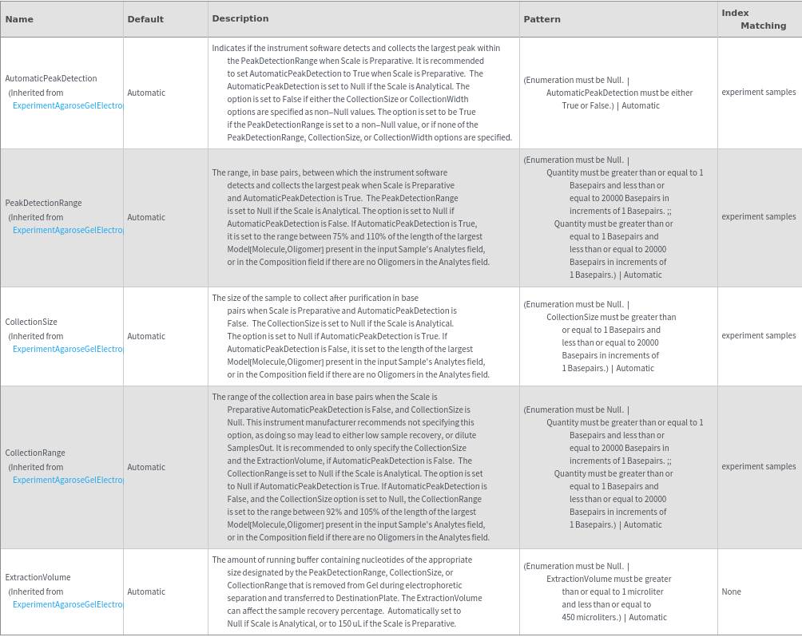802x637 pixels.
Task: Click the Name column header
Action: point(19,19)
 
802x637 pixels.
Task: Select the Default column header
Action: point(145,19)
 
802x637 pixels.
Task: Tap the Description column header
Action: point(240,18)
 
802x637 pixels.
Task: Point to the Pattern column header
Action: point(542,19)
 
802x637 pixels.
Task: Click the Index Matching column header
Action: point(753,19)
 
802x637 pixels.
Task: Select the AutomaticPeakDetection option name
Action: point(51,79)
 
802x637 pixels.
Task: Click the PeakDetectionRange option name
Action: point(43,204)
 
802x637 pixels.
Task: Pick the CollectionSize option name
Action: point(31,322)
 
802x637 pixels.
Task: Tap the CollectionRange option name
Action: point(35,453)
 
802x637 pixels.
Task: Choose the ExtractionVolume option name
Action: point(38,578)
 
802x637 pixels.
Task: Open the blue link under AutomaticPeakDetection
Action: point(69,105)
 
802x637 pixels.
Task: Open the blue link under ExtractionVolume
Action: point(69,604)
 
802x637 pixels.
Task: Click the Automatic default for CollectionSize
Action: point(146,336)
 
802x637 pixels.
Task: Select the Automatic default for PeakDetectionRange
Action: point(146,217)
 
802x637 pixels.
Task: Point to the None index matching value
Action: point(731,591)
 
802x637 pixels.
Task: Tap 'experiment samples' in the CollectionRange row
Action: point(758,466)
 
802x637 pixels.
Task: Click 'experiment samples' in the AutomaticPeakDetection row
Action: point(758,93)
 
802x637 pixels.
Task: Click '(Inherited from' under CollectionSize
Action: point(36,336)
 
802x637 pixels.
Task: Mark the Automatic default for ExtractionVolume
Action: point(146,591)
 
